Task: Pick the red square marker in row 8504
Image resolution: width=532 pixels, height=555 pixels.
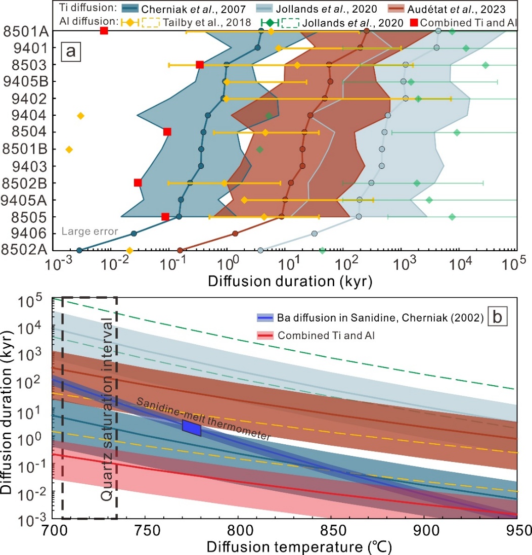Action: (x=167, y=132)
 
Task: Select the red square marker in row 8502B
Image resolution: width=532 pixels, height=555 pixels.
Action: (x=138, y=182)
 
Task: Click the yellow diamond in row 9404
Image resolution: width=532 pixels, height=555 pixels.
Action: (x=80, y=116)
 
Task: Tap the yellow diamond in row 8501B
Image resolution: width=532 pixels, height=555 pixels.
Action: (x=69, y=149)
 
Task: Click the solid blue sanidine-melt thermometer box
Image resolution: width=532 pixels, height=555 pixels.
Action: (x=192, y=427)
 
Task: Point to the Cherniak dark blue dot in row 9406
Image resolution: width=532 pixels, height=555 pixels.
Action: (x=134, y=234)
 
